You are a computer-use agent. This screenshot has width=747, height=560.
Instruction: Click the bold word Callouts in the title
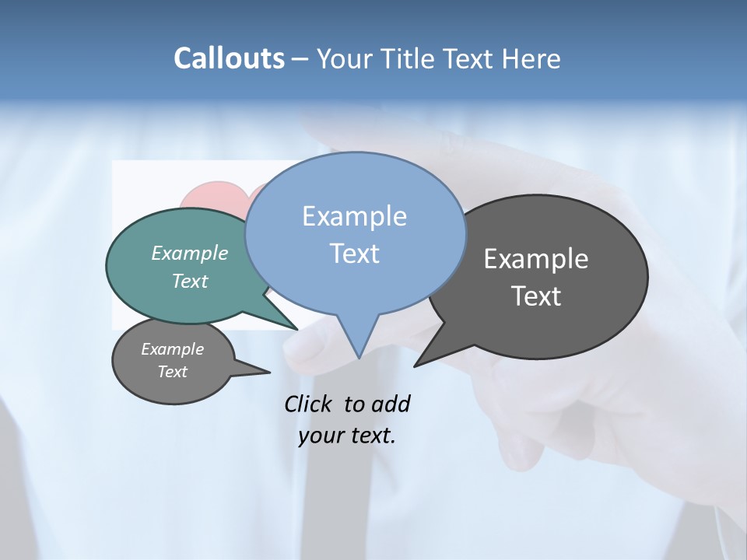tap(229, 58)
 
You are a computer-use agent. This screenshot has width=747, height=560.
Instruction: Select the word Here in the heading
tap(532, 58)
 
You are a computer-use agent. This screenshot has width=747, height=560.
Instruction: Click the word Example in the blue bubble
tap(354, 216)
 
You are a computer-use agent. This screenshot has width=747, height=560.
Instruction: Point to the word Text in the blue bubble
tap(354, 254)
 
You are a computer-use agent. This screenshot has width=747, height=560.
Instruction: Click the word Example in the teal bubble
tap(190, 253)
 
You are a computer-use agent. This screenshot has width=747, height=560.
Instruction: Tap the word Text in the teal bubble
tap(190, 281)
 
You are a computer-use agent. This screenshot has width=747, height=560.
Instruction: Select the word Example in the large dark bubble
tap(536, 259)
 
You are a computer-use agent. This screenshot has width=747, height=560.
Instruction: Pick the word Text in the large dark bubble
tap(536, 296)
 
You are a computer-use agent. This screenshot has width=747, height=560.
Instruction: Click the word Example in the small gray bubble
tap(173, 349)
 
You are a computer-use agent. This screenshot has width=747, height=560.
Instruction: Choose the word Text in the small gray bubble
tap(173, 372)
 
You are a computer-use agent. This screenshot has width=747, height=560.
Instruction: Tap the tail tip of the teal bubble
tap(297, 329)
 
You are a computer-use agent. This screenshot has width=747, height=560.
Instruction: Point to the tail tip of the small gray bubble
tap(269, 373)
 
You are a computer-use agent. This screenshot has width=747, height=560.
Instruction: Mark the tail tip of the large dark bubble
tap(415, 366)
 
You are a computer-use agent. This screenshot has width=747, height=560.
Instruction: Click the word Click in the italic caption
tap(309, 404)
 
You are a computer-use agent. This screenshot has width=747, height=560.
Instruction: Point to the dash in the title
tap(301, 58)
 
